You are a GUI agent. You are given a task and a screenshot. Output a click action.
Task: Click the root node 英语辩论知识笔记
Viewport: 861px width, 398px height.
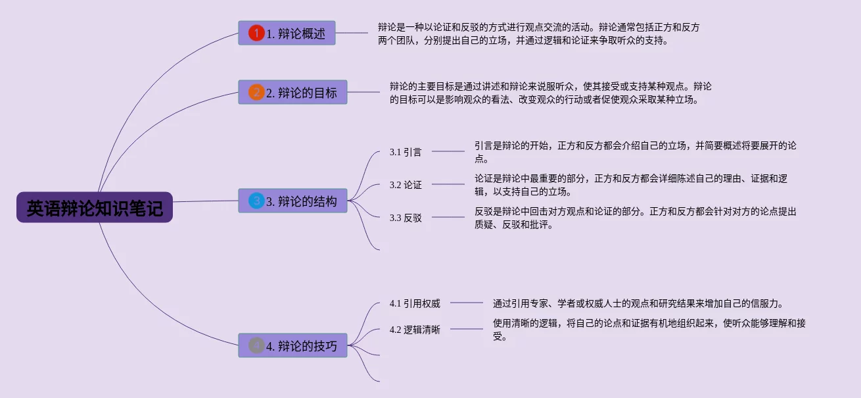(x=95, y=208)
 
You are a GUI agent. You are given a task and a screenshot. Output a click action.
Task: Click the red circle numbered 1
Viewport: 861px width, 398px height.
(x=256, y=33)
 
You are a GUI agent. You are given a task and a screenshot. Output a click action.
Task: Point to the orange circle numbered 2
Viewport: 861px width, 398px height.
(x=256, y=93)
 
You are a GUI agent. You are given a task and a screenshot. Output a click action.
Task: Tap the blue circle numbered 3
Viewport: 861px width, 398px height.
(x=256, y=201)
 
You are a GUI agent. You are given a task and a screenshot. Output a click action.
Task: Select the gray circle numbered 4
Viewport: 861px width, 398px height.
(x=256, y=345)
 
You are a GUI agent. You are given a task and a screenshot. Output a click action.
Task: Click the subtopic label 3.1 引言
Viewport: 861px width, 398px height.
(x=406, y=152)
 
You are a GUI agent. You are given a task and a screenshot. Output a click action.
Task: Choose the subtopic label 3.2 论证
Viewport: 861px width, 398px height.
(x=406, y=185)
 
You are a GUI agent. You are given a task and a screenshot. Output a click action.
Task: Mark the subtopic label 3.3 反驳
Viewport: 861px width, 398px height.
(x=406, y=218)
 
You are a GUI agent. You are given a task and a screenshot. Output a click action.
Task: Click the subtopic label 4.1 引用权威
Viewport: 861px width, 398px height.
(x=415, y=303)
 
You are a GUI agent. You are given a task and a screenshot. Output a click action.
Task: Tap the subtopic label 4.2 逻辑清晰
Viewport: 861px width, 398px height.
(x=415, y=330)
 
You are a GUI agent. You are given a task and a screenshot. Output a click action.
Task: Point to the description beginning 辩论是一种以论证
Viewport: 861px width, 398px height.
(x=538, y=34)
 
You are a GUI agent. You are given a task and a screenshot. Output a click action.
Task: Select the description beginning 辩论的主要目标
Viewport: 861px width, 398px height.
(x=550, y=93)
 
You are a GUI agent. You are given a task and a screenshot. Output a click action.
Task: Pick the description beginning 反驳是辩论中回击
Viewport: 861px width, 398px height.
(x=636, y=218)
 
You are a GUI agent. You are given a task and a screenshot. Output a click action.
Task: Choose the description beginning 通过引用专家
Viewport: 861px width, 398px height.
(x=638, y=303)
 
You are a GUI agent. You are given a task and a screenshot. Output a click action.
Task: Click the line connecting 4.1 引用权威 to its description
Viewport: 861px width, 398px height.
(x=467, y=303)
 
